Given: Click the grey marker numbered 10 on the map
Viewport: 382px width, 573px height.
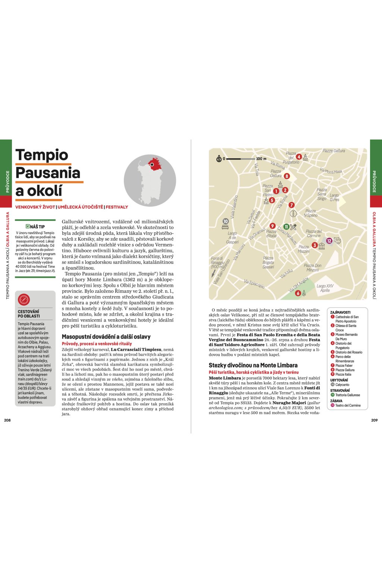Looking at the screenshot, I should click(x=225, y=221).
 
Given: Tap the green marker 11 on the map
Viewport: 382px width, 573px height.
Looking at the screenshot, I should click(x=286, y=226).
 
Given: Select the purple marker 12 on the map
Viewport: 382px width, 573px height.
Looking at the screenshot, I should click(x=329, y=241).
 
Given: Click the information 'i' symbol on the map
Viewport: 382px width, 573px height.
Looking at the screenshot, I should click(x=293, y=214).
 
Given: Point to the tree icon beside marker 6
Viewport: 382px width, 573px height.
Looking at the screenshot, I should click(x=304, y=293).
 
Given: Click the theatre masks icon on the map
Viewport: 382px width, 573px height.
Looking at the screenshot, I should click(x=337, y=241).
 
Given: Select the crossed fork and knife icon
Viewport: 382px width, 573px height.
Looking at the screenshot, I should click(x=294, y=226).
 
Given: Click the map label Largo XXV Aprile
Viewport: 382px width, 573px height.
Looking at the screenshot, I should click(x=325, y=288).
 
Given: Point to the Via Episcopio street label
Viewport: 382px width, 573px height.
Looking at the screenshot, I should click(x=254, y=284).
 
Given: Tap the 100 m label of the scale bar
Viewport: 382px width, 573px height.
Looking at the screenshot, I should click(x=261, y=159).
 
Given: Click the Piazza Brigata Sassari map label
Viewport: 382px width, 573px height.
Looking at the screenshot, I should click(x=268, y=262).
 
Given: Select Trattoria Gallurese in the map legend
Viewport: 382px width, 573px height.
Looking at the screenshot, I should click(x=348, y=395).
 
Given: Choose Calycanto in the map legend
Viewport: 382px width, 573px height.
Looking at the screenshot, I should click(x=342, y=384).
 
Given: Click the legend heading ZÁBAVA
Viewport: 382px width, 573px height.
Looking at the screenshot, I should click(x=336, y=401).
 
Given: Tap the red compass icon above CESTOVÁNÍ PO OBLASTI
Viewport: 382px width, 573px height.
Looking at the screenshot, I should click(x=24, y=299).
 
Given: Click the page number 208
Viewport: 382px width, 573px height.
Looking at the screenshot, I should click(x=7, y=420).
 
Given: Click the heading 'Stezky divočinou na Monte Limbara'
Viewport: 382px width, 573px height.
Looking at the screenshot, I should click(x=253, y=365).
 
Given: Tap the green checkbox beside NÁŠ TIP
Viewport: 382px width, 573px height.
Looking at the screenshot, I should click(x=28, y=226).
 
